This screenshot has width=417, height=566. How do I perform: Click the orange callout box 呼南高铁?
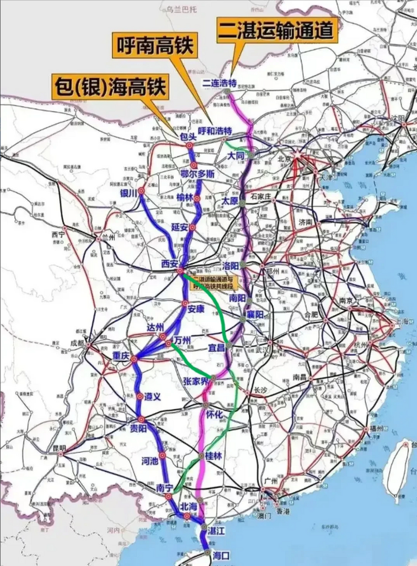pos(156,46)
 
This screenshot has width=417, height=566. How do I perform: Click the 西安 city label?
pos(169,264)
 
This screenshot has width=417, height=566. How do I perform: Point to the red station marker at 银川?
pos(141,191)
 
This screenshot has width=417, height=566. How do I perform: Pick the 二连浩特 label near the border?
pos(220,82)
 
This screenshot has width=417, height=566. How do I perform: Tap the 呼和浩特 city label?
pos(215,131)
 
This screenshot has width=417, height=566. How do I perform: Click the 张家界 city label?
pos(195,382)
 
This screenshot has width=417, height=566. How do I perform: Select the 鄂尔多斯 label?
pos(197,174)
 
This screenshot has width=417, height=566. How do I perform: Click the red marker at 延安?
pos(192,227)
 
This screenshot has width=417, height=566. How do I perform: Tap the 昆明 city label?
pos(59,448)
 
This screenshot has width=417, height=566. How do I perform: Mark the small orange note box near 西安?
pos(214,283)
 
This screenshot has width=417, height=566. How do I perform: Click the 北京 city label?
pos(284,159)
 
